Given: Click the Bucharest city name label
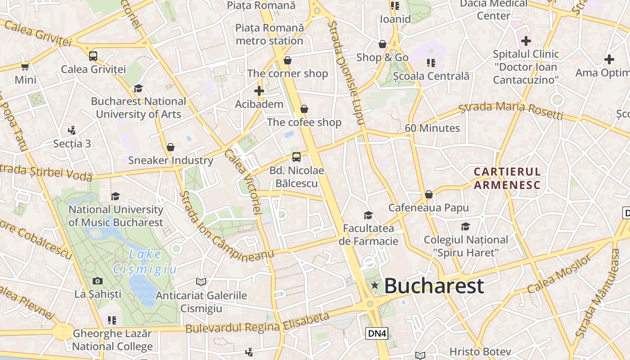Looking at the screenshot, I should click(x=434, y=286).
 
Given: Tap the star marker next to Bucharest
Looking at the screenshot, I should click(x=374, y=285).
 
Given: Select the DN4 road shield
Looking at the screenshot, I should click(x=377, y=333).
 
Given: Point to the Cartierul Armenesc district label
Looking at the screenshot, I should click(x=507, y=178).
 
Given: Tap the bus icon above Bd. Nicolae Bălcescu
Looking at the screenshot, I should click(x=296, y=157).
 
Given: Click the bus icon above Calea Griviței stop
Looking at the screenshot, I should click(x=93, y=56).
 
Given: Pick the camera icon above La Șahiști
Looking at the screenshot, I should click(x=98, y=281).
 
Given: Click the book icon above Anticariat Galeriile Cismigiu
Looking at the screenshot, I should click(x=201, y=282).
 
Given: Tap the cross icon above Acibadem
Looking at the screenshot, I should click(x=259, y=91).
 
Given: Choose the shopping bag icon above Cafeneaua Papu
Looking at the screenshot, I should click(x=429, y=194).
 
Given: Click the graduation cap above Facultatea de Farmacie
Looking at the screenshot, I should click(x=368, y=216).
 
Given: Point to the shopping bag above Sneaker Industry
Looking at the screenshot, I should click(x=171, y=147).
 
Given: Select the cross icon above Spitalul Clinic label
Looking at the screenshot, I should click(x=526, y=41).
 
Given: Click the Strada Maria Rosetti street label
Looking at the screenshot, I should click(x=511, y=111).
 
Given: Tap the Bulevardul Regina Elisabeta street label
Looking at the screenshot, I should click(x=257, y=324).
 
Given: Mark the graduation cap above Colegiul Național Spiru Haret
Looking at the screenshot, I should click(x=465, y=226).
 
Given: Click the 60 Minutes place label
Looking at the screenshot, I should click(x=432, y=128).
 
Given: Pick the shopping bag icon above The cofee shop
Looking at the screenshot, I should click(x=304, y=109).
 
